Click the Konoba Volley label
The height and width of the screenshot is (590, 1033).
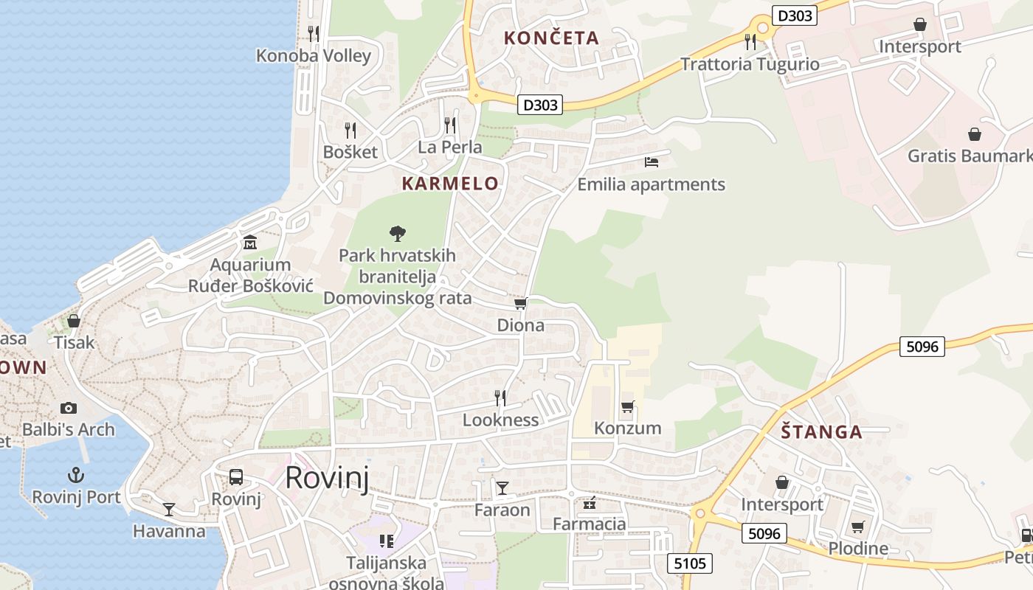coord(314,55)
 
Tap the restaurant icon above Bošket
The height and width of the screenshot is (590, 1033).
coord(350,131)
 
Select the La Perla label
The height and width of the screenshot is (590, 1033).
coord(450,147)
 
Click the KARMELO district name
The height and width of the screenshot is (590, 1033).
coord(450,184)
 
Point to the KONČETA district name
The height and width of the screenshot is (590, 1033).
coord(551,38)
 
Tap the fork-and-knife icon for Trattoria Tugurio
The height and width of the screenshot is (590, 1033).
coord(750,41)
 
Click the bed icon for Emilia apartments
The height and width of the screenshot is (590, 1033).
coord(652,162)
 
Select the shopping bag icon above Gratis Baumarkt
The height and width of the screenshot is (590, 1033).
coord(975,134)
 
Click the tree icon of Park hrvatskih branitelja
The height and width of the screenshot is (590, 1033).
coord(398,234)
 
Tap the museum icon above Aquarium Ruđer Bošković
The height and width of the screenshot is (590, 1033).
coord(250,242)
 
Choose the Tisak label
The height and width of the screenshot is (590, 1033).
coord(75,342)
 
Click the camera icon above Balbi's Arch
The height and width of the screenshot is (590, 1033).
coord(69,408)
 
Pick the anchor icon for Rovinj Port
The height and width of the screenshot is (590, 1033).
coord(75,474)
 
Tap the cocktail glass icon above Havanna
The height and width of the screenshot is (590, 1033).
coord(169,509)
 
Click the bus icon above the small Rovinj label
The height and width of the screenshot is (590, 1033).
coord(236,476)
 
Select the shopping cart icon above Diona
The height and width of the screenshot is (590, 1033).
coord(520,304)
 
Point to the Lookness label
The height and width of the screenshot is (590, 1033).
coord(500,420)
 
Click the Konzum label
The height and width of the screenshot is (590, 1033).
coord(628,428)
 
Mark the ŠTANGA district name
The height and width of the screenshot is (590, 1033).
coord(822,432)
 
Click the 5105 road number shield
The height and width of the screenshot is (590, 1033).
coord(691,564)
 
